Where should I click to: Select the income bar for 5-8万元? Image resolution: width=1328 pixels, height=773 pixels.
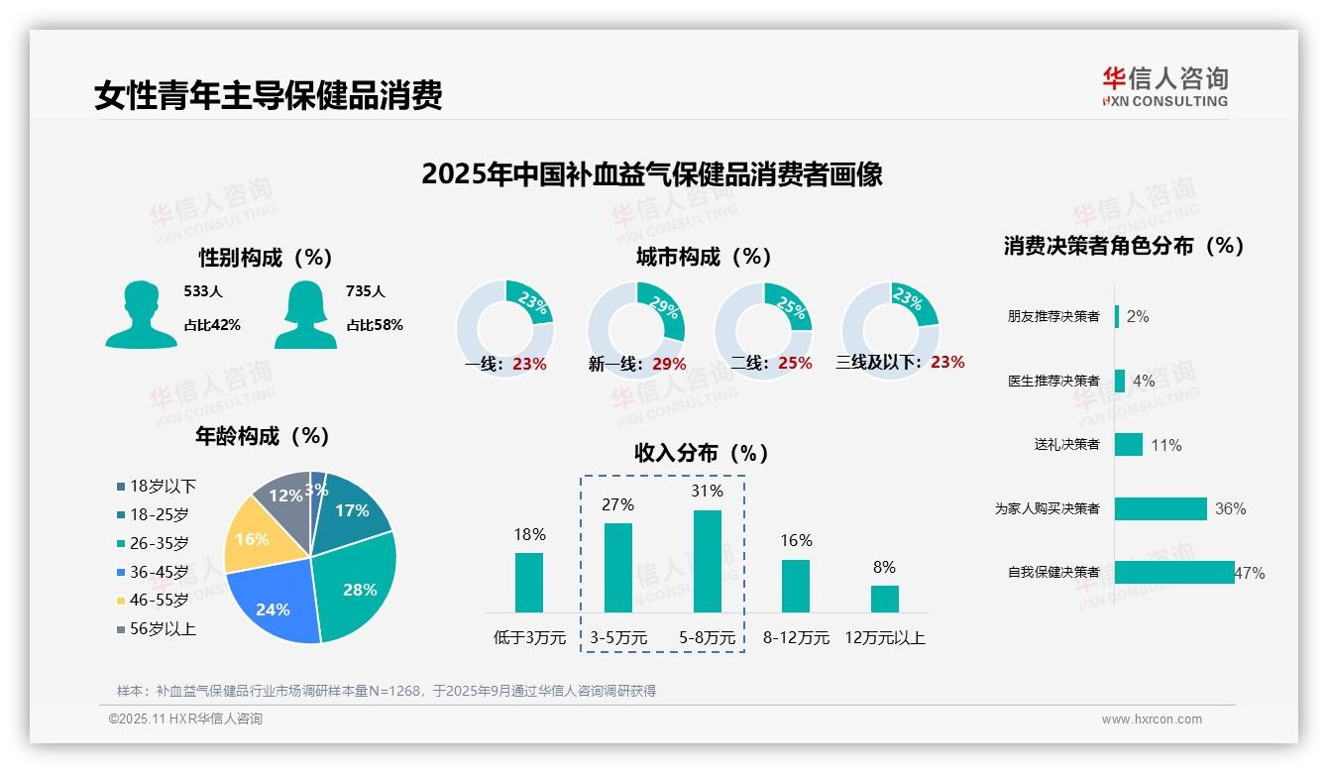pyautogui.click(x=708, y=561)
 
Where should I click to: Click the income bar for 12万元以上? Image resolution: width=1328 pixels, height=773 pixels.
pyautogui.click(x=884, y=599)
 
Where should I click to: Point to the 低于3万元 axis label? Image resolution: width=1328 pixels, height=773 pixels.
pyautogui.click(x=530, y=638)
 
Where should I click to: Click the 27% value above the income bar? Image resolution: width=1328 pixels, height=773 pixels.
pyautogui.click(x=617, y=504)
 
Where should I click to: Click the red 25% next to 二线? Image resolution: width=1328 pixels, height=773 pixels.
pyautogui.click(x=795, y=364)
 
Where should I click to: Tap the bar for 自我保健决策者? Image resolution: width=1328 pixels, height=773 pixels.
pyautogui.click(x=1174, y=572)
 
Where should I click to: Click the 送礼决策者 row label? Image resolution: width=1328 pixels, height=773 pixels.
pyautogui.click(x=1066, y=445)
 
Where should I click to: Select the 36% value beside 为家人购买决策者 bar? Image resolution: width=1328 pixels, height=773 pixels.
pyautogui.click(x=1230, y=509)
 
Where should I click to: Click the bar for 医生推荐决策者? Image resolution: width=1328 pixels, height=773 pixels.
pyautogui.click(x=1120, y=381)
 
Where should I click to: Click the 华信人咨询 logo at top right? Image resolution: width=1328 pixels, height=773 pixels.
pyautogui.click(x=1164, y=86)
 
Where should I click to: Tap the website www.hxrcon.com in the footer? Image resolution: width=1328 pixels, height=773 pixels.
pyautogui.click(x=1151, y=719)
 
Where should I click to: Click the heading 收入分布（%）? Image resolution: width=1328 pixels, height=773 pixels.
pyautogui.click(x=702, y=453)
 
